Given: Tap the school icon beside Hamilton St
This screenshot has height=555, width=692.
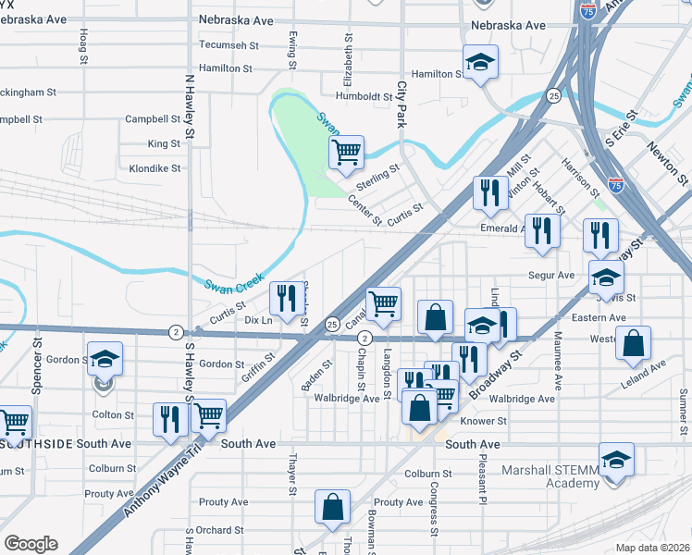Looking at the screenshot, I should tap(480, 62).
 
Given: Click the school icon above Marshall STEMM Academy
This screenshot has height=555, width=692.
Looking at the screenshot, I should tap(616, 459).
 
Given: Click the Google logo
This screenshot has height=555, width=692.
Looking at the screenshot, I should tap(31, 544).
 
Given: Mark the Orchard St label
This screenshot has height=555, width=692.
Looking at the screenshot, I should tap(221, 531).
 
